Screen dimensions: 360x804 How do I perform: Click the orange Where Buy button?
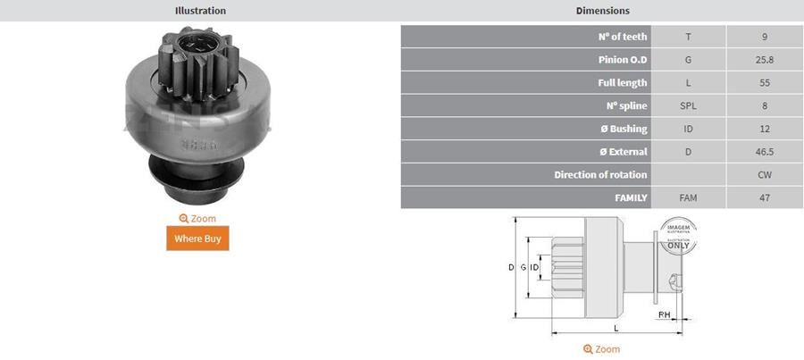(197, 239)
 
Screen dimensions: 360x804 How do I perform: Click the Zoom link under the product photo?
(197, 218)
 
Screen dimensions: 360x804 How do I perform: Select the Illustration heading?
(200, 11)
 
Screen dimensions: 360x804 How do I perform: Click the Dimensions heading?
(603, 11)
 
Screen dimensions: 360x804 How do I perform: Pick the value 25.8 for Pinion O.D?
(765, 60)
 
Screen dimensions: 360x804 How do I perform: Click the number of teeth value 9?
(765, 37)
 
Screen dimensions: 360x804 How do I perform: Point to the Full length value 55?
(765, 83)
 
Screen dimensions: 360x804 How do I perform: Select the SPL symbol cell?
(688, 106)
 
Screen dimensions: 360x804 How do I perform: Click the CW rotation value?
(765, 174)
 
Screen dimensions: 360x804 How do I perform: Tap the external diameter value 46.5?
(765, 152)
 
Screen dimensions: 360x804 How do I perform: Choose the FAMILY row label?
(631, 197)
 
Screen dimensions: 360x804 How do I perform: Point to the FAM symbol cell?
(688, 197)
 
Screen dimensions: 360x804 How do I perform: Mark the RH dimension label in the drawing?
(665, 315)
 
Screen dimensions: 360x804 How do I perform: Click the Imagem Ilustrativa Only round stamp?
(678, 239)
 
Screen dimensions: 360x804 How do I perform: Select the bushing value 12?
(765, 130)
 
